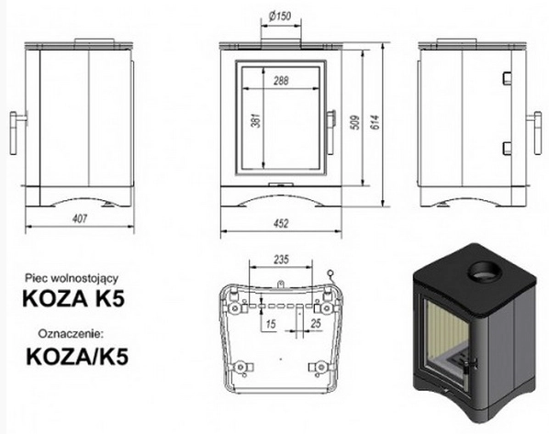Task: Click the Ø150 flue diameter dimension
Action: [x=280, y=17]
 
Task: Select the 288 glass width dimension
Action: [x=281, y=81]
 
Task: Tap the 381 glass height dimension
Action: [x=257, y=120]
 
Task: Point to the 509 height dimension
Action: [x=355, y=122]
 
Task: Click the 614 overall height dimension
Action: [x=375, y=122]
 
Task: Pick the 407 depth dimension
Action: [x=80, y=218]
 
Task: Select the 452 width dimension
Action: [x=281, y=223]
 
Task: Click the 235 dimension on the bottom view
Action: [x=282, y=260]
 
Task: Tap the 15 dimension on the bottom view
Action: [x=271, y=324]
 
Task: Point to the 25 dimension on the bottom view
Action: [x=316, y=323]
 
